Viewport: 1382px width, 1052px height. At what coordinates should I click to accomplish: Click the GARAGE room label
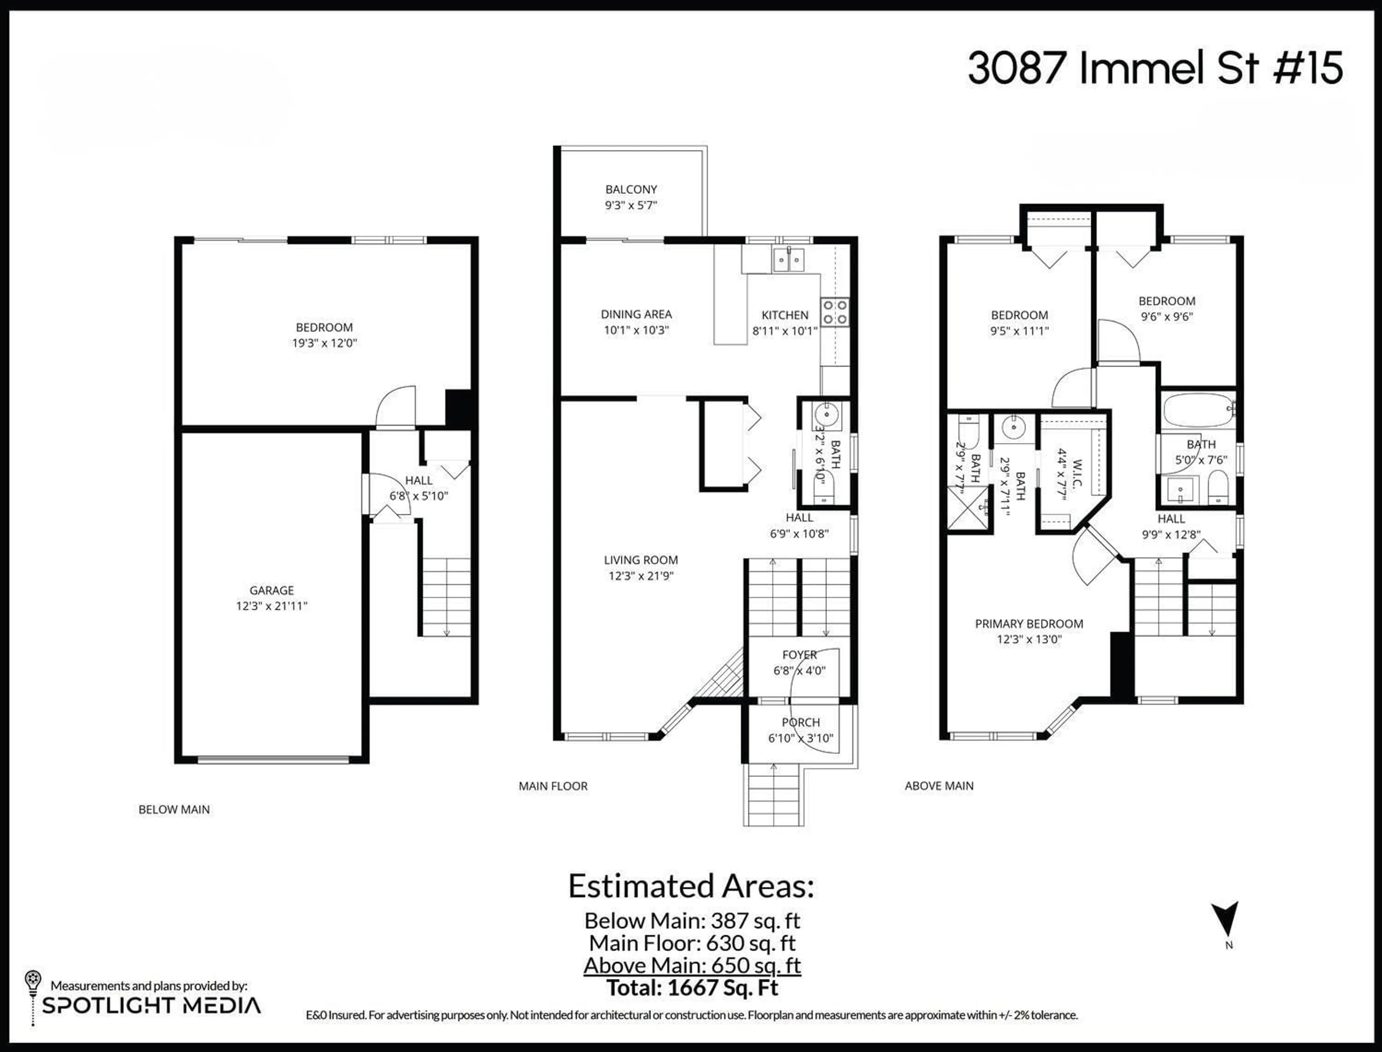coord(271,590)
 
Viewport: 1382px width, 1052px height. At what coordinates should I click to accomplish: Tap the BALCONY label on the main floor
coord(631,189)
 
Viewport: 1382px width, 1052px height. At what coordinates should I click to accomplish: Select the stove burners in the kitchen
coord(835,312)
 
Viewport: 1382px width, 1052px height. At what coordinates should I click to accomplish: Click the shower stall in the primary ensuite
coord(968,508)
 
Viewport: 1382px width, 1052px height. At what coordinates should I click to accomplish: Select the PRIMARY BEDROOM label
coord(1029,624)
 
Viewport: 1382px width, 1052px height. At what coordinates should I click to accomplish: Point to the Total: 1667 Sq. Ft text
coord(692,988)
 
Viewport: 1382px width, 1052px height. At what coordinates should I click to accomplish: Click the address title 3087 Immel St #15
coord(1155,68)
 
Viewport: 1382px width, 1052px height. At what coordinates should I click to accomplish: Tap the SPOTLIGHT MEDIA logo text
coord(151,1006)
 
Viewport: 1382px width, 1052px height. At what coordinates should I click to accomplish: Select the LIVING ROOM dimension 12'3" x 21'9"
coord(640,575)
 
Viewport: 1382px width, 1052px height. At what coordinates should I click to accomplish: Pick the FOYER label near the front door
coord(799,654)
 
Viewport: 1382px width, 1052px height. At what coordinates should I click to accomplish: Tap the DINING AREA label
coord(636,314)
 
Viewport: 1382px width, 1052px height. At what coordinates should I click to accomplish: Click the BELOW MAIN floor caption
coord(174,810)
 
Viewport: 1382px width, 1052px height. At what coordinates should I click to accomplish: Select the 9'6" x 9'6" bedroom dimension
coord(1166,317)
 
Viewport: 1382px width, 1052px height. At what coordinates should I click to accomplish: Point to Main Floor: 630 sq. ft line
coord(692,943)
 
